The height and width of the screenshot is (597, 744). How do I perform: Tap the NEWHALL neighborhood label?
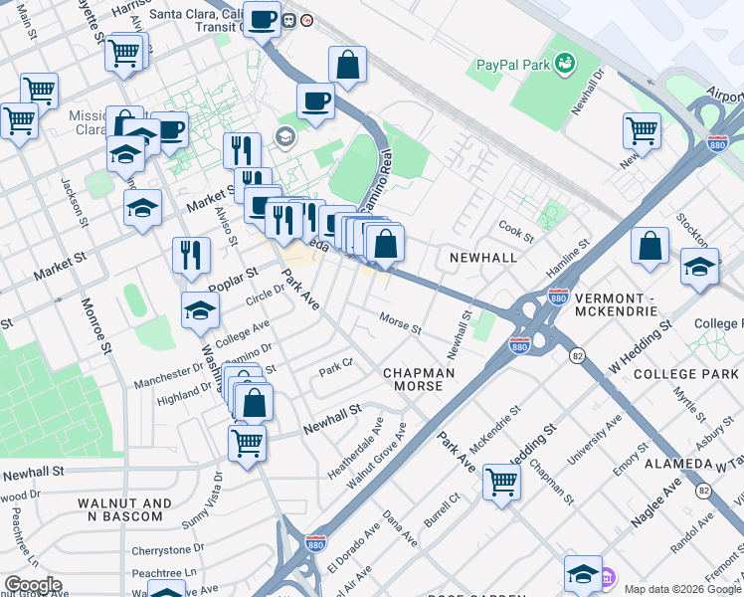click(x=483, y=258)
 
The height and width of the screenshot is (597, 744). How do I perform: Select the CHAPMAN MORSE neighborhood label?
click(x=419, y=379)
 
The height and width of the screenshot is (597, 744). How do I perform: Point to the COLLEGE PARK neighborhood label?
click(x=686, y=373)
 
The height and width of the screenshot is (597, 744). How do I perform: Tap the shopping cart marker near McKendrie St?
click(x=502, y=483)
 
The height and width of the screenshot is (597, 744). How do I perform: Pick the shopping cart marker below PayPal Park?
click(x=643, y=129)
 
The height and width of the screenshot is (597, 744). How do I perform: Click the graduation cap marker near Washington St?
click(x=201, y=309)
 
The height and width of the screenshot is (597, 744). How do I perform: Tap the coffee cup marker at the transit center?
click(x=263, y=19)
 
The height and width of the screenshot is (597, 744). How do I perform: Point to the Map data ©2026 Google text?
click(x=682, y=589)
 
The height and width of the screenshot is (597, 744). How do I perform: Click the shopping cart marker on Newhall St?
click(x=247, y=443)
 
